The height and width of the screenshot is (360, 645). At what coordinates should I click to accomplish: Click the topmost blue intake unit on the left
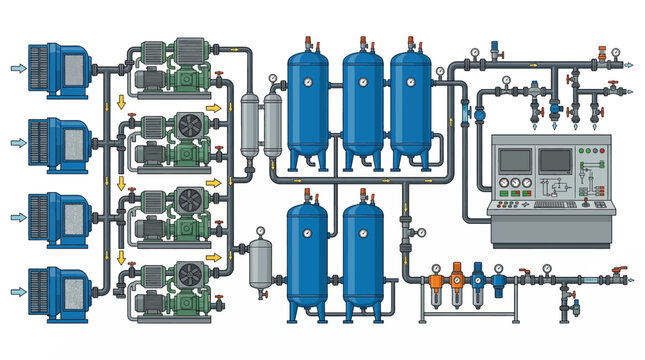(x=60, y=68)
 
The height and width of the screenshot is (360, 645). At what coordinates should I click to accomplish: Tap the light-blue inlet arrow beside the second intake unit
(x=17, y=142)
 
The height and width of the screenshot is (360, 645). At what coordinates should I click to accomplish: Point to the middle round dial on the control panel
(x=516, y=184)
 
